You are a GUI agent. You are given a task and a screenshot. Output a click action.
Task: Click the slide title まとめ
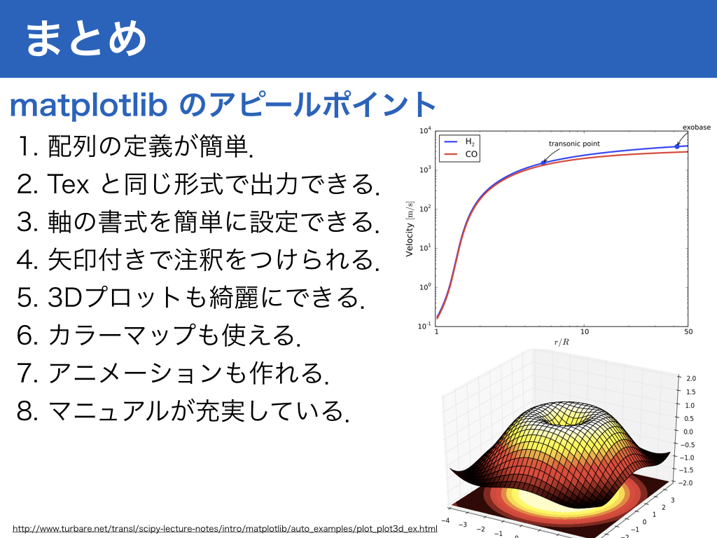pos(86,39)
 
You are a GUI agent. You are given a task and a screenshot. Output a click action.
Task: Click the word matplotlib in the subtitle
pos(88,106)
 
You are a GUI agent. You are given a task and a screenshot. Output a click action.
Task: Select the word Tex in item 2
pos(68,184)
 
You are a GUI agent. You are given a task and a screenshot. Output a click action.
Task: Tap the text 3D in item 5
pos(64,297)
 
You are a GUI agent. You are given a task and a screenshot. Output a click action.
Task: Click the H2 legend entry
pos(459,142)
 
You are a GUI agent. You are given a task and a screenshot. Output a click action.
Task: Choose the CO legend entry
pos(461,154)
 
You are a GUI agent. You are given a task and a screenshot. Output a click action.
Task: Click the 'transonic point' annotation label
pos(574,144)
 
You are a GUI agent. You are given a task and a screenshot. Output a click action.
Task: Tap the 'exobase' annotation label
pos(697,127)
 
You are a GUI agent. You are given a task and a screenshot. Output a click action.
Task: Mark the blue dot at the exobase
pos(677,146)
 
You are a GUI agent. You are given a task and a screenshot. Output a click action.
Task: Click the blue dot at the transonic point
pos(543,163)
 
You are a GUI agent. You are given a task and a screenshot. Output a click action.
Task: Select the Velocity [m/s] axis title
pos(409,229)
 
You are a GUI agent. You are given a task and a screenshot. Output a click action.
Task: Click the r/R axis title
pos(562,342)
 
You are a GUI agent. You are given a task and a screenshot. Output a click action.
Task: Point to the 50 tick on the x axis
pos(688,331)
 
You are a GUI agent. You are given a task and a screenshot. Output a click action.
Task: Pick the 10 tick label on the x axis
pos(585,331)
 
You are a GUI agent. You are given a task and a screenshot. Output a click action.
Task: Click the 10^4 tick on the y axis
pos(425,131)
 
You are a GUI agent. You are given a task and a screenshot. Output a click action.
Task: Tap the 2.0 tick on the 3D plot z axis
pos(691,378)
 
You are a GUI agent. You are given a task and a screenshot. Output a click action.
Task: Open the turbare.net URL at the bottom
pos(225,529)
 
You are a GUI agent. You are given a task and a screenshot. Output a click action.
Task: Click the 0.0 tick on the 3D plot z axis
pos(688,432)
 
